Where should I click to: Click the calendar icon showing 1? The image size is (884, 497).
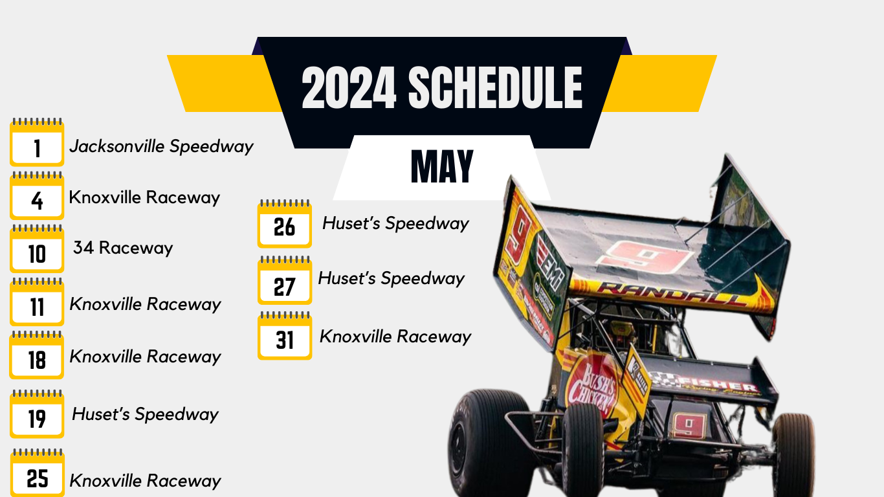(x=37, y=143)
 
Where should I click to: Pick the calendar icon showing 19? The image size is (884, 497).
(x=37, y=415)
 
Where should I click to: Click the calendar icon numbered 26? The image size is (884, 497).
(x=284, y=224)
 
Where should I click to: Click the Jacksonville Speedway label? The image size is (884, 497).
(x=161, y=146)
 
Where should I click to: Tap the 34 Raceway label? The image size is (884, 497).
(x=123, y=248)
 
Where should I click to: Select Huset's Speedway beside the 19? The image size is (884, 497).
(x=146, y=414)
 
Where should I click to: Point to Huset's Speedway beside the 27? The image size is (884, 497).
(x=392, y=279)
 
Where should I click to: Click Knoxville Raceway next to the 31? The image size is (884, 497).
(x=395, y=337)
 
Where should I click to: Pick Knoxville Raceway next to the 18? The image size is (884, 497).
(x=146, y=357)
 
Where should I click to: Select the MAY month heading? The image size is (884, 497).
(x=442, y=166)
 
